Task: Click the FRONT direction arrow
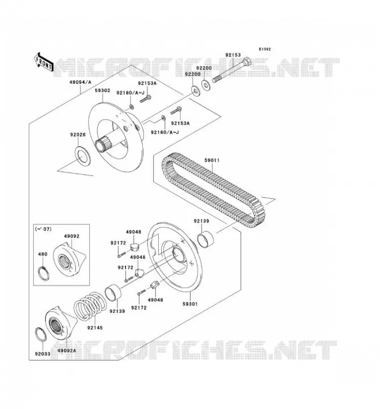(44, 62)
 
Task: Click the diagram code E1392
(265, 49)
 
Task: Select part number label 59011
(212, 160)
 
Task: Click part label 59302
(102, 90)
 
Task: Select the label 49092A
(67, 351)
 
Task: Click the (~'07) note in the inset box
(43, 229)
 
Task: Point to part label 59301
(190, 304)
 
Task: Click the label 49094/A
(80, 82)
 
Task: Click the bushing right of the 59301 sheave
(205, 239)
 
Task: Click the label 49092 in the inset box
(72, 236)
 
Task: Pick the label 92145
(95, 328)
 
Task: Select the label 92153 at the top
(233, 55)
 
